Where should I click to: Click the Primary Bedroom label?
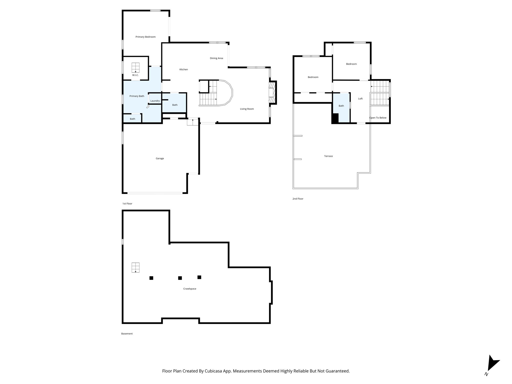point(145,37)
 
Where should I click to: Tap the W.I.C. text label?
point(135,75)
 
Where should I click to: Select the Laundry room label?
point(155,101)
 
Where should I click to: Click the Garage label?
point(160,158)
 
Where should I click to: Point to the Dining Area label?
point(216,58)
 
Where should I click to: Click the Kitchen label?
point(183,69)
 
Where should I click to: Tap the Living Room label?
point(247,109)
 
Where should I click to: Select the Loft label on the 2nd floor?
point(360,98)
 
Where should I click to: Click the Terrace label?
point(328,156)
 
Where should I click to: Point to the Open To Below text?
point(377,118)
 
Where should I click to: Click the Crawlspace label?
point(189,289)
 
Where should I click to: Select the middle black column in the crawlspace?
point(180,278)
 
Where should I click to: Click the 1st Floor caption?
point(127,203)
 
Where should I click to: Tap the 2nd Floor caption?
point(298,199)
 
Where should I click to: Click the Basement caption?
point(127,333)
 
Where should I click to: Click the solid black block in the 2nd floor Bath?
point(335,118)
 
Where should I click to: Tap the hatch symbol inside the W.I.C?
point(135,67)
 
